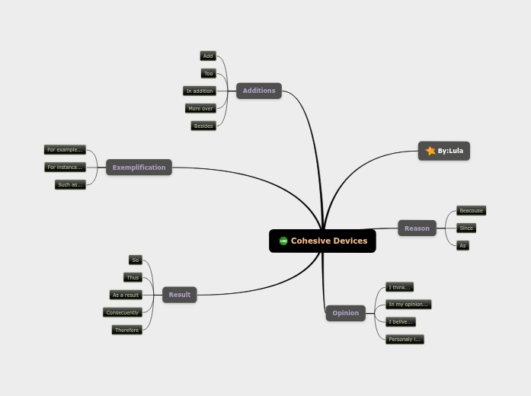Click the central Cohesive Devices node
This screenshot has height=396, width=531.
pyautogui.click(x=322, y=241)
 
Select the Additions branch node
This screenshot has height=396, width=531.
pyautogui.click(x=259, y=91)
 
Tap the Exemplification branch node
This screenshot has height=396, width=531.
pyautogui.click(x=139, y=168)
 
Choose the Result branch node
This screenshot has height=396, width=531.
pyautogui.click(x=180, y=295)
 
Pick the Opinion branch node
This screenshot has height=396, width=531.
pyautogui.click(x=345, y=313)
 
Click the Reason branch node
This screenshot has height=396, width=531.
pyautogui.click(x=417, y=228)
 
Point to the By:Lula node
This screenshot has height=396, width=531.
pyautogui.click(x=444, y=151)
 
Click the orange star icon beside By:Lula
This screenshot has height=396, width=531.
pyautogui.click(x=430, y=151)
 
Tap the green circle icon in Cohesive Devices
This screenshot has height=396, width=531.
pyautogui.click(x=283, y=241)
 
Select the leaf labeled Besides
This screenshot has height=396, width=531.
pyautogui.click(x=203, y=126)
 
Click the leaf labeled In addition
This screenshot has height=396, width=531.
pyautogui.click(x=200, y=91)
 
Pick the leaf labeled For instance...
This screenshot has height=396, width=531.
pyautogui.click(x=65, y=167)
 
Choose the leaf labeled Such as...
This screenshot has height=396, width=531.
pyautogui.click(x=70, y=184)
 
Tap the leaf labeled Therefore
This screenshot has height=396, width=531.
pyautogui.click(x=126, y=330)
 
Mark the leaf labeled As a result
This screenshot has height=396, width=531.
pyautogui.click(x=126, y=295)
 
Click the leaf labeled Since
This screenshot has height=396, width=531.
pyautogui.click(x=466, y=228)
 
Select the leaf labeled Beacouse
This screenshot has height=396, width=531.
pyautogui.click(x=471, y=210)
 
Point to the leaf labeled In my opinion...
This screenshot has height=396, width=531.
pyautogui.click(x=408, y=305)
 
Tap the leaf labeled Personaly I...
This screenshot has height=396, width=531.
pyautogui.click(x=405, y=339)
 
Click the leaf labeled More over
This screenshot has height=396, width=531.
pyautogui.click(x=200, y=108)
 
